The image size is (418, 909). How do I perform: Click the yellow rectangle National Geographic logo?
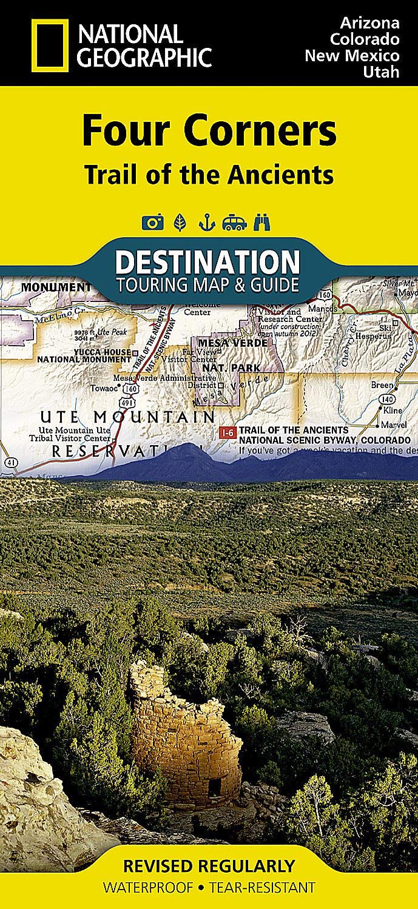[x=50, y=45]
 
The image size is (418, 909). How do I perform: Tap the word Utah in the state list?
[x=382, y=72]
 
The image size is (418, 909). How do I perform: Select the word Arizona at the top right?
[x=369, y=23]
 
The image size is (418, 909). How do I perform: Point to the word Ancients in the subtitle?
[x=281, y=175]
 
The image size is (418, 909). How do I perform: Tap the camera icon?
[x=152, y=223]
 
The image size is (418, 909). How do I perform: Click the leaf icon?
[x=180, y=223]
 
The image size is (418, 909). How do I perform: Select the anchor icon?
[x=207, y=223]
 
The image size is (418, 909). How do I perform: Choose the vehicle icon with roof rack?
[x=234, y=223]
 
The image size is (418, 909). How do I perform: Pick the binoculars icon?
[x=262, y=223]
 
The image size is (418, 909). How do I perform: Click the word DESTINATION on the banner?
[x=207, y=263]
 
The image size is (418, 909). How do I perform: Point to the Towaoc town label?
[x=102, y=388]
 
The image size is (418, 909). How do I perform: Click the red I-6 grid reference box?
[x=228, y=432]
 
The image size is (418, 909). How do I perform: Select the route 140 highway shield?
[x=386, y=398]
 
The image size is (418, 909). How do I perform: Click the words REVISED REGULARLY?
[x=209, y=865]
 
